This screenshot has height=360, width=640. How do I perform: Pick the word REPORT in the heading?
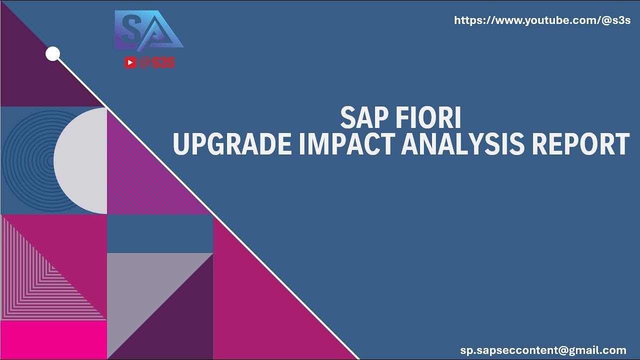click(580, 144)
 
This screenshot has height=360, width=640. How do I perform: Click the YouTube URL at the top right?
click(542, 20)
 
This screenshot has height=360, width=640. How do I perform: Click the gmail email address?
click(543, 350)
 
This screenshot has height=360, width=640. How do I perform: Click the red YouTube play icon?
click(130, 62)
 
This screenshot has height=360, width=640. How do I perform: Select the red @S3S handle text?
click(157, 62)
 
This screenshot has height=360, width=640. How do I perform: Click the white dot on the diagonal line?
click(52, 54)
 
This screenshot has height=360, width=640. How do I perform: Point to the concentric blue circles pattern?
click(25, 160)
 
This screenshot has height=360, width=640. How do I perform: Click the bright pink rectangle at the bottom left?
click(53, 340)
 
